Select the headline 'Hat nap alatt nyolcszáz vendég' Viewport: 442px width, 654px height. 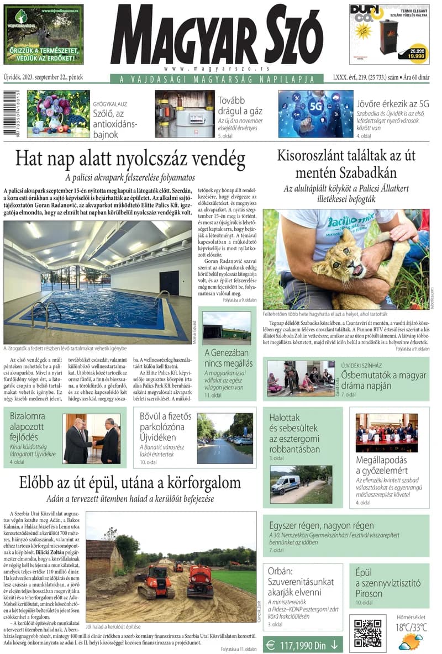[x=130, y=159]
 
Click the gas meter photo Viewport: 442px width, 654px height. [x=185, y=114]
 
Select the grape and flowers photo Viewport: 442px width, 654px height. [x=58, y=113]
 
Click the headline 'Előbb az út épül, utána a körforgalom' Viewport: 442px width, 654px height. [x=130, y=482]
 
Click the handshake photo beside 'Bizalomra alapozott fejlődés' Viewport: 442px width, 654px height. [x=91, y=438]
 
